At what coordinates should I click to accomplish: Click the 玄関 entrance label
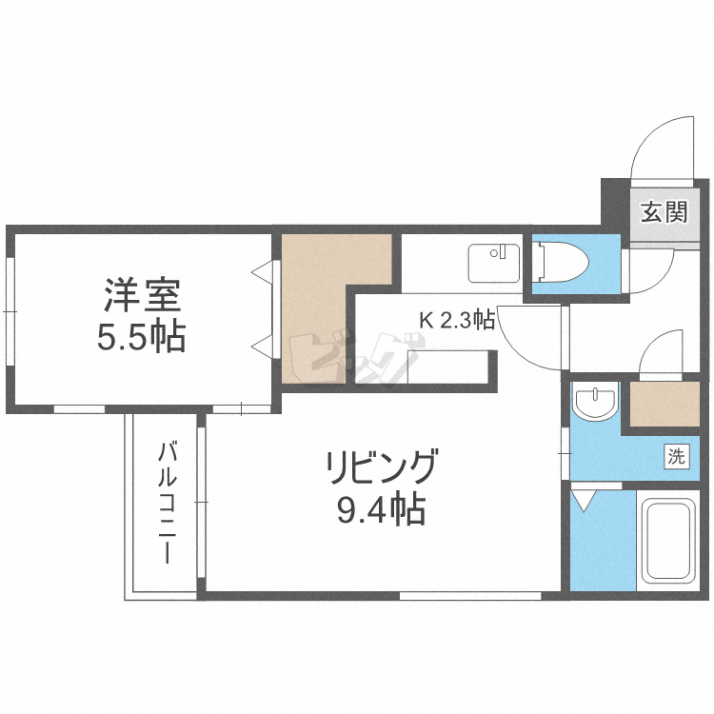[x=663, y=211]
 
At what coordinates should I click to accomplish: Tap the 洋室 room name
[x=142, y=294]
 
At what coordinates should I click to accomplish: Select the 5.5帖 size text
[x=142, y=337]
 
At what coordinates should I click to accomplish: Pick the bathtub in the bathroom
[x=668, y=540]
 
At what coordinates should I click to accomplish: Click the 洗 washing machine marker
[x=675, y=456]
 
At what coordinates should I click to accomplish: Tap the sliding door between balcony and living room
[x=201, y=500]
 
